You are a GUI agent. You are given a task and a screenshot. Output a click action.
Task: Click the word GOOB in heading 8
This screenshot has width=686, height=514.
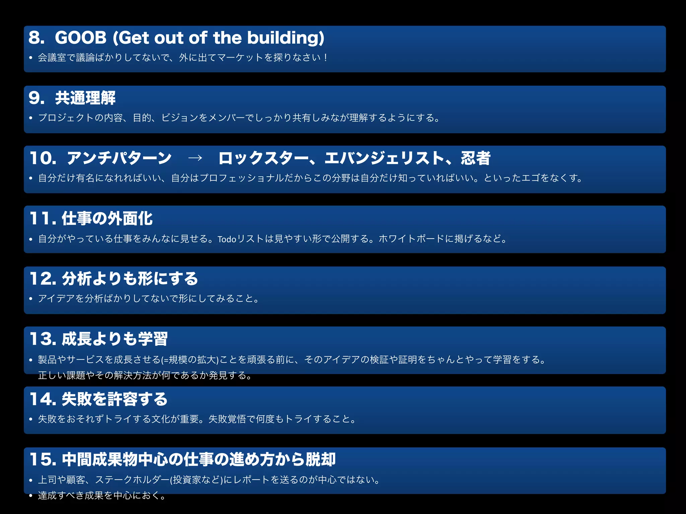pos(80,37)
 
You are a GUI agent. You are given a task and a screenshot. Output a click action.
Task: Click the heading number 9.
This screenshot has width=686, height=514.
pos(36,98)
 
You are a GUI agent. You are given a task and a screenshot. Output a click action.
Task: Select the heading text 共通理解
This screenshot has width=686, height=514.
pos(85,98)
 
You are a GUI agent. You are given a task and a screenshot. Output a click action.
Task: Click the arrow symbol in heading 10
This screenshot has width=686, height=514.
pos(195,158)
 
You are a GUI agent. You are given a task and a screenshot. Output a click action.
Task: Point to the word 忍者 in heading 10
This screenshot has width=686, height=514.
pos(475,158)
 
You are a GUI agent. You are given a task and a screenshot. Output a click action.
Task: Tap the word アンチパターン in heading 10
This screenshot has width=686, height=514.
pos(119,158)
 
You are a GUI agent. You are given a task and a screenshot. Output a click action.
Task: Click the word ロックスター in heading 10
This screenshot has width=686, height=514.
pos(263,158)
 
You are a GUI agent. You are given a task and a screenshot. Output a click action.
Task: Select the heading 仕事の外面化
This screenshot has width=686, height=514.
pos(107,218)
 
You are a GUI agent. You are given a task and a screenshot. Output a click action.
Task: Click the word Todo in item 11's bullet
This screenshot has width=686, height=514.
pos(227,239)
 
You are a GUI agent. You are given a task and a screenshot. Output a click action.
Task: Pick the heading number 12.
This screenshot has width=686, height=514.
pos(43,278)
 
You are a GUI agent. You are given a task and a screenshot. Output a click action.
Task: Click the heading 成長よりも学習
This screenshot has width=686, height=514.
pos(115,339)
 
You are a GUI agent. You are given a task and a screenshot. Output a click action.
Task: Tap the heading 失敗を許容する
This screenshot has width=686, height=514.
pos(115,399)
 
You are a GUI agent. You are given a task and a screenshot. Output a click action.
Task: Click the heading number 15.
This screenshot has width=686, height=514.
pos(43,459)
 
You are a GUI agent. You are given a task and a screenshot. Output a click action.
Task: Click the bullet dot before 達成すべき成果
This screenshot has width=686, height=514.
pos(31,496)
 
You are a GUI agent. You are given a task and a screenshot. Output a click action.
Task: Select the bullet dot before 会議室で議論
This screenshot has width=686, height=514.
pos(31,58)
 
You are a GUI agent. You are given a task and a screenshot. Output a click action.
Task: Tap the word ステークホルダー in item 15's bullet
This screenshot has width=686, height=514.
pos(132,480)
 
